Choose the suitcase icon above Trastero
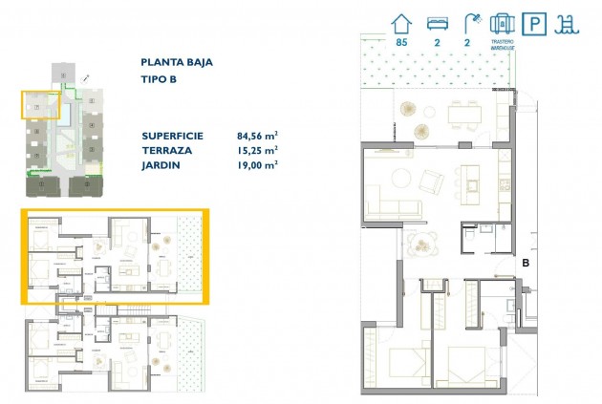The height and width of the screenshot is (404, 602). point(502,23)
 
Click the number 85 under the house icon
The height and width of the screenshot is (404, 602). point(399,41)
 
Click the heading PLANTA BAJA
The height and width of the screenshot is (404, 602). point(176,63)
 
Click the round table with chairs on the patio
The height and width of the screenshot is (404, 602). point(419,245)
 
